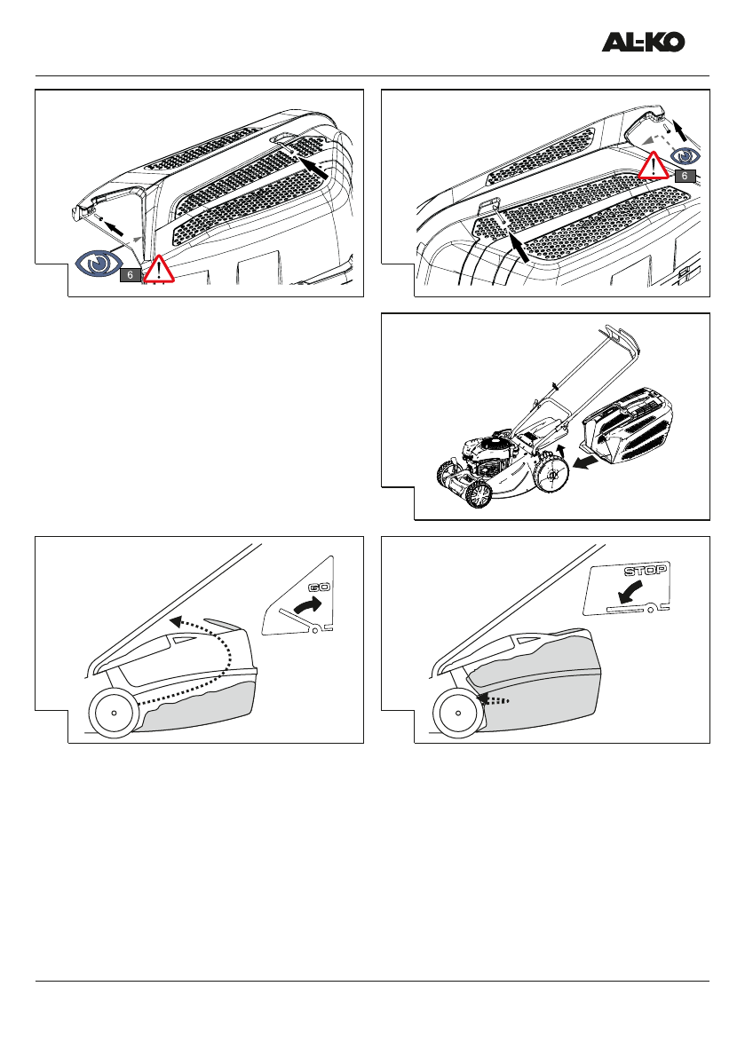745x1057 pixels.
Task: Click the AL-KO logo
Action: [643, 42]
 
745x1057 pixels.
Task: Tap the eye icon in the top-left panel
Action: [99, 264]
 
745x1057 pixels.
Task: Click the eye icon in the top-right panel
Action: [686, 156]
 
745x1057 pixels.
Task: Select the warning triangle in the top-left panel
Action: [158, 269]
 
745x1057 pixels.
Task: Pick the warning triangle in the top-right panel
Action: [654, 166]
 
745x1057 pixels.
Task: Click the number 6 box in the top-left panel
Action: [131, 275]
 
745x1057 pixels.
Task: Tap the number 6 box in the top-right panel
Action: [685, 176]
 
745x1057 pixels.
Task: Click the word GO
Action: [318, 588]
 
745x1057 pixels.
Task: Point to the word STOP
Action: [646, 571]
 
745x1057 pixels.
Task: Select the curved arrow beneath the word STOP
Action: [630, 592]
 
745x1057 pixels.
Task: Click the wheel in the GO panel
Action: [114, 714]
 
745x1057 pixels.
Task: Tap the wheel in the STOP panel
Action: [458, 713]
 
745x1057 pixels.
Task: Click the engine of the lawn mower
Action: [488, 452]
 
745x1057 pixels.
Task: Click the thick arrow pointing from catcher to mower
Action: [585, 462]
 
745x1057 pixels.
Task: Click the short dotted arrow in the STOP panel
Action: [492, 700]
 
